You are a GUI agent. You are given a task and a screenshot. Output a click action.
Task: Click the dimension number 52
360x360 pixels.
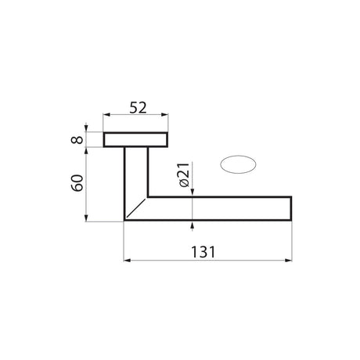point(138,108)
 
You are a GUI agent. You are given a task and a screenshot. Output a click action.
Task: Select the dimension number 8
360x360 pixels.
point(77,140)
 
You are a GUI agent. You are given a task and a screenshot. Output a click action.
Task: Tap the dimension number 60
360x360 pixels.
point(77,183)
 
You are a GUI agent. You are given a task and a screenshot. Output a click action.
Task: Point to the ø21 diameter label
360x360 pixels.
point(184,175)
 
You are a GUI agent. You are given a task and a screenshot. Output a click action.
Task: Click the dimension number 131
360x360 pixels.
point(203,252)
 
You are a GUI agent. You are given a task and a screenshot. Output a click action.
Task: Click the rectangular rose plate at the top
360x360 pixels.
point(135,140)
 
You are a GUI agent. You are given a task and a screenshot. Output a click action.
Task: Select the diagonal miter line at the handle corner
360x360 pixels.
point(136,207)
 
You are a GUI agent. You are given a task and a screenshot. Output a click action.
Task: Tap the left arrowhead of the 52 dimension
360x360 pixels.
point(106,115)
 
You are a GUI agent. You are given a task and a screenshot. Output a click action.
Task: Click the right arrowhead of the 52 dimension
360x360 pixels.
point(165,115)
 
